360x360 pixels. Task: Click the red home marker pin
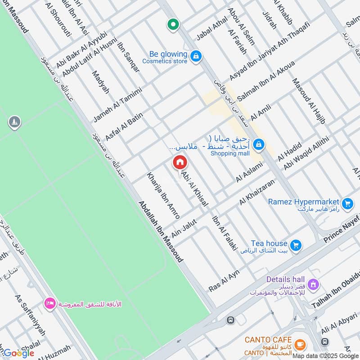click(x=180, y=162)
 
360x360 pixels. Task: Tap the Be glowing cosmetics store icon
click(x=196, y=56)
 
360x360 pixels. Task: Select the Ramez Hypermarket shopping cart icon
click(x=346, y=204)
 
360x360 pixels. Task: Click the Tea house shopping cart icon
click(x=296, y=245)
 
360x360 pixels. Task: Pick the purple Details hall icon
click(x=313, y=284)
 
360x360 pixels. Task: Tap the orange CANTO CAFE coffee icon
click(x=300, y=345)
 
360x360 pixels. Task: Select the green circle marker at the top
click(x=172, y=24)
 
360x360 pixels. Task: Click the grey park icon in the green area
click(x=14, y=122)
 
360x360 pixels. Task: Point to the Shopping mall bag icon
click(x=258, y=144)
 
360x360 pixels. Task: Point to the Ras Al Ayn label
click(x=224, y=280)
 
